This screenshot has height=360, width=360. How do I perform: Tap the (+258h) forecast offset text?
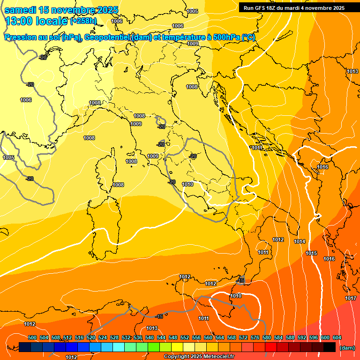point(83,21)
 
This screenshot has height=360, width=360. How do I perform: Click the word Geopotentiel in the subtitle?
point(107,37)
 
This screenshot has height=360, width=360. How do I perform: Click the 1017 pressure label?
point(351,298)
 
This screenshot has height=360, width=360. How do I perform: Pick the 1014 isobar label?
point(300,241)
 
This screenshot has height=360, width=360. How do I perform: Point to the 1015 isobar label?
point(311,253)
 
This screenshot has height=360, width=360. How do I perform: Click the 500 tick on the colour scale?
point(32,337)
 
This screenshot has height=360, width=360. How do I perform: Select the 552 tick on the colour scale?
point(185,337)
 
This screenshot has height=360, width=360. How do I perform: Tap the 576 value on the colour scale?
point(255,337)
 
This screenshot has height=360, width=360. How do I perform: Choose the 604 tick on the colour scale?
point(337,337)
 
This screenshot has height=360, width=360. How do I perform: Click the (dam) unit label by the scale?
point(347,348)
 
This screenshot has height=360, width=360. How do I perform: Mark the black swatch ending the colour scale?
point(330,347)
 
